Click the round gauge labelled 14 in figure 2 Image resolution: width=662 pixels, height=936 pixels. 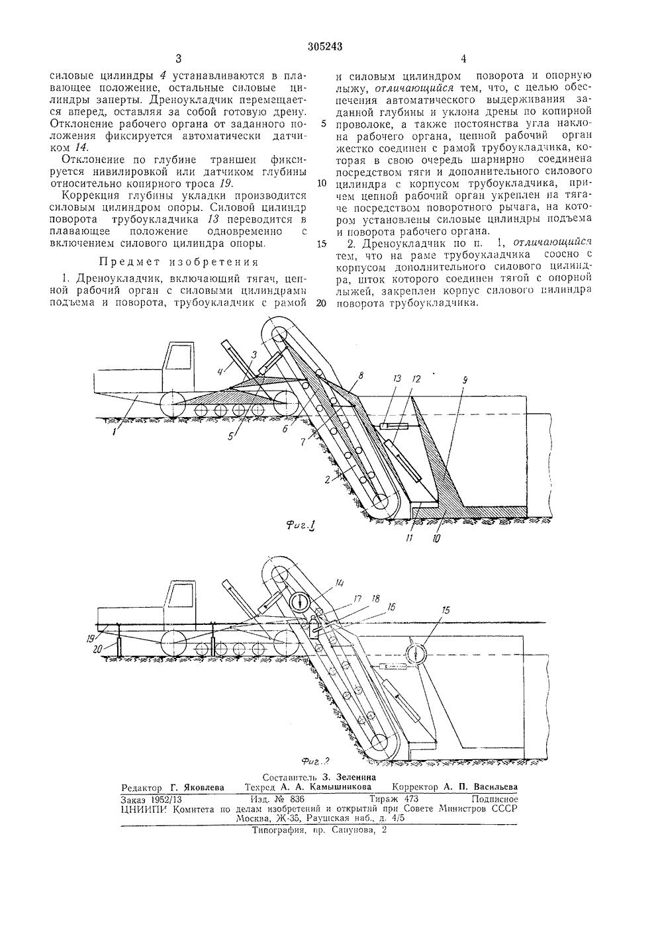coord(300,602)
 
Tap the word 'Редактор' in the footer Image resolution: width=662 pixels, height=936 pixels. coord(142,788)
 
